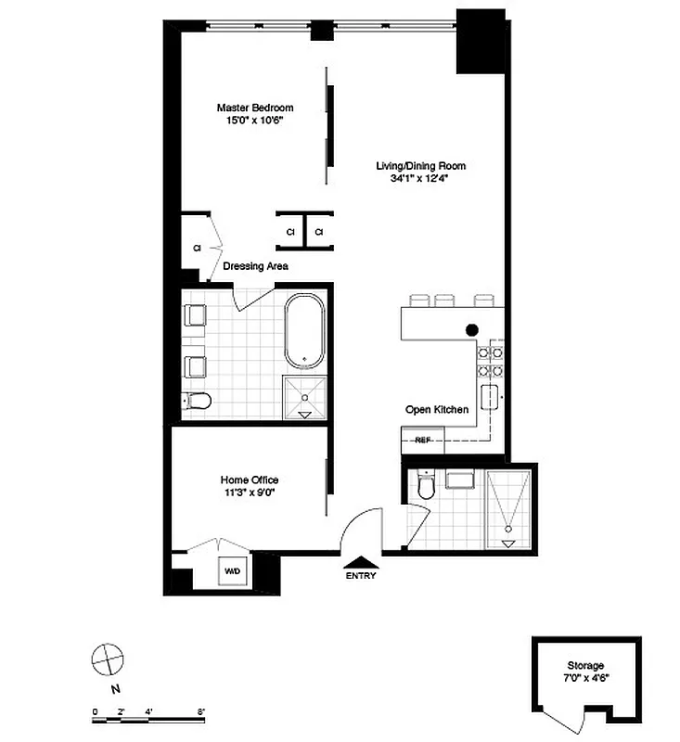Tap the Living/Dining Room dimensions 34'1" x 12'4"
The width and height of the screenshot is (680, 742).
point(420,180)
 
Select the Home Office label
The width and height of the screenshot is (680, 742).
point(250,480)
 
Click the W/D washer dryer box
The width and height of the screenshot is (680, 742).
point(231,571)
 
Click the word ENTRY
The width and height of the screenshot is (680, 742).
point(361,576)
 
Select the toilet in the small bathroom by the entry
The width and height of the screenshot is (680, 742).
point(426,487)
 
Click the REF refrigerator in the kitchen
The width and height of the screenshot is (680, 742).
point(423,439)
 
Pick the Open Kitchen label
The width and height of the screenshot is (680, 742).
point(437,409)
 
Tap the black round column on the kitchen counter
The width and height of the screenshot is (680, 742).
point(472,328)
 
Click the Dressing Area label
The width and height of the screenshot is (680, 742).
point(254,266)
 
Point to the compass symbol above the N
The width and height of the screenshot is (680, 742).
point(108,659)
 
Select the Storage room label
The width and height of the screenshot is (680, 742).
point(585,666)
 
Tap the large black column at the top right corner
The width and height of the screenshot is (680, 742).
point(480,40)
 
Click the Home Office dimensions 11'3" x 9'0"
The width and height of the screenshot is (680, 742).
point(250,493)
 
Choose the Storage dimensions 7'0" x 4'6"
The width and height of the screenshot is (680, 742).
point(585,679)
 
